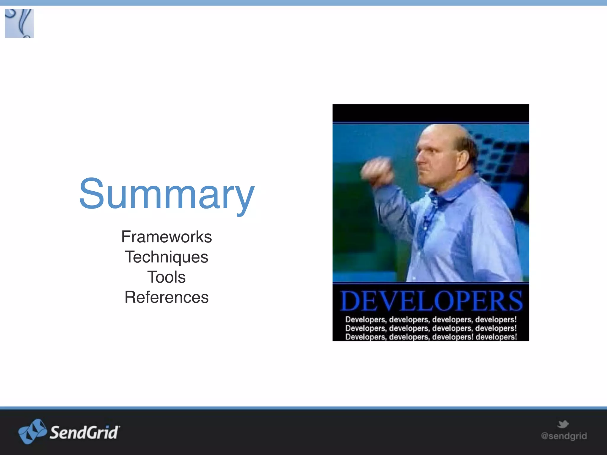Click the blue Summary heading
click(x=167, y=194)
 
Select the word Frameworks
click(x=167, y=237)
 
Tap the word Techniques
click(x=167, y=257)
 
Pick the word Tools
click(x=167, y=277)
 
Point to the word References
click(x=167, y=297)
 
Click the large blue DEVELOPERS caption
click(x=431, y=301)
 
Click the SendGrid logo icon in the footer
click(x=32, y=432)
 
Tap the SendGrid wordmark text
click(x=84, y=432)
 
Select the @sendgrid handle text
click(x=564, y=436)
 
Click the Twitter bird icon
click(x=563, y=424)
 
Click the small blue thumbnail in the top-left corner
click(x=19, y=23)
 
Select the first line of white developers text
click(x=431, y=320)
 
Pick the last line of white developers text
click(x=431, y=337)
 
